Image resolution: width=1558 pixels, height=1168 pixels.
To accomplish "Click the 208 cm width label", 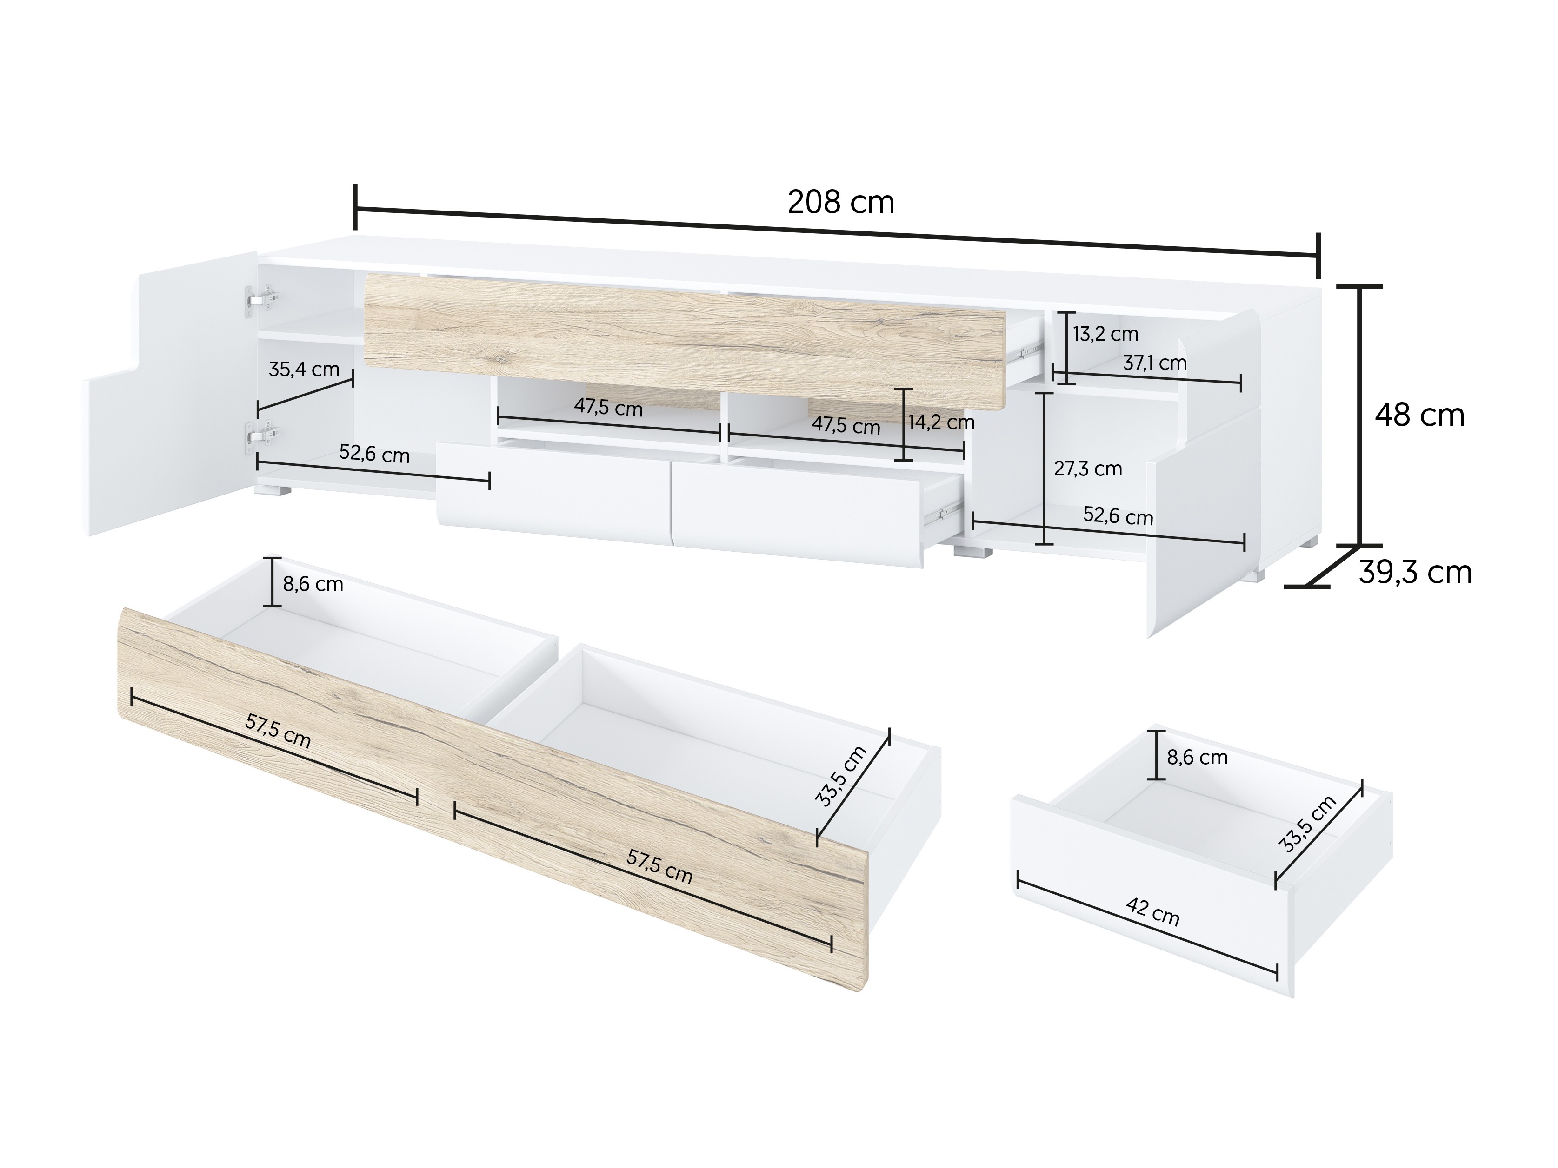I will [840, 203].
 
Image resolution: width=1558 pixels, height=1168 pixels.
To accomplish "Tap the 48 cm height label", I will [1419, 416].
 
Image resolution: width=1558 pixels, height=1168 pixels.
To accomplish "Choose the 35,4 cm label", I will [304, 370].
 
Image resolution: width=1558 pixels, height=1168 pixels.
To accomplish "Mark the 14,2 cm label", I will [941, 422].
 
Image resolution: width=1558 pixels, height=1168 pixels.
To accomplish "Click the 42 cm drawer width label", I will [1152, 912].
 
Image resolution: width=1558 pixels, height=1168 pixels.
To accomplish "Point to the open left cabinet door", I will [169, 401].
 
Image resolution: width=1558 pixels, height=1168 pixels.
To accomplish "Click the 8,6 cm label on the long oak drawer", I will [313, 584].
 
